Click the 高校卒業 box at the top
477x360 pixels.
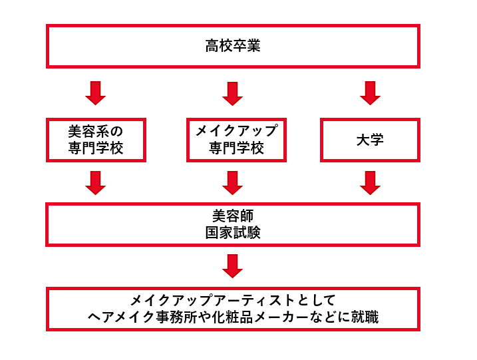(233, 47)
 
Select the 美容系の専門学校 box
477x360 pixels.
(96, 140)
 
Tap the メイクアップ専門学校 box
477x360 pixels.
(236, 140)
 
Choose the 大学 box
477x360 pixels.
(370, 140)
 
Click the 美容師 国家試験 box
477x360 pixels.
(233, 224)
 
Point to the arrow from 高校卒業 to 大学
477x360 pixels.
(370, 93)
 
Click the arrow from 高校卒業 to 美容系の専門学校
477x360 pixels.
(96, 93)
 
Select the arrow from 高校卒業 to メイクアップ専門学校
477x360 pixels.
(232, 93)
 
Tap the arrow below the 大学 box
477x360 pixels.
(370, 182)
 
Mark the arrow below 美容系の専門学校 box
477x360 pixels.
(96, 182)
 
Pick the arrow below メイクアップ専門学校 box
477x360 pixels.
(232, 182)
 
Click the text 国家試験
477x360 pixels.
(233, 232)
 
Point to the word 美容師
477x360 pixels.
(233, 216)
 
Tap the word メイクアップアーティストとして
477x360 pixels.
(233, 300)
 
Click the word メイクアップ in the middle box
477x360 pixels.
(236, 131)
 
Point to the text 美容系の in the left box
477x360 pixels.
(96, 131)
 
